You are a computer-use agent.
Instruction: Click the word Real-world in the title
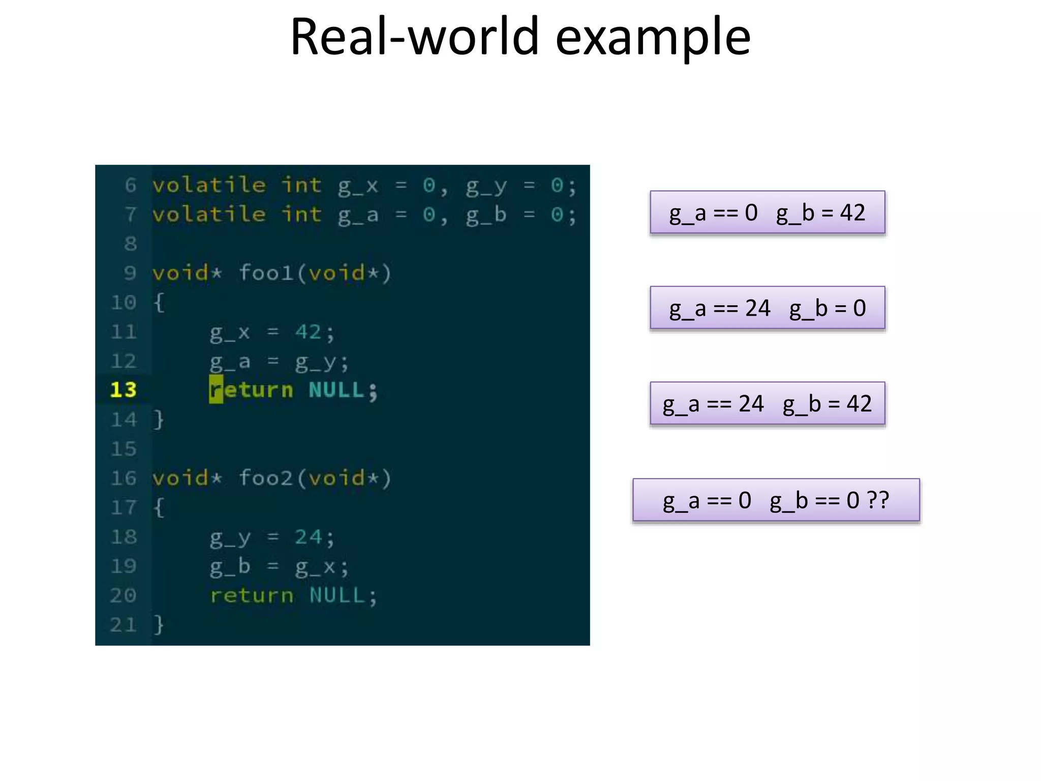click(x=414, y=37)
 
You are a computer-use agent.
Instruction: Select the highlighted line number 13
click(x=124, y=390)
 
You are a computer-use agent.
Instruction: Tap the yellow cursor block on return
click(x=216, y=390)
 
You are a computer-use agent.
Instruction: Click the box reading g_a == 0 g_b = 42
click(x=767, y=213)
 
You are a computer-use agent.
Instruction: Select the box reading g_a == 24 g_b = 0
click(x=767, y=308)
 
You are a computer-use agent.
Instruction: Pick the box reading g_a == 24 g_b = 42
click(x=767, y=404)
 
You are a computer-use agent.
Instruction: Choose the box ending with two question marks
click(x=776, y=500)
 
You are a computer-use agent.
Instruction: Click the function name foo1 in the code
click(x=265, y=273)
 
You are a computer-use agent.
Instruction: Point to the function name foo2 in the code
click(x=265, y=478)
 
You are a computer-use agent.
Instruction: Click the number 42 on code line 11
click(x=308, y=332)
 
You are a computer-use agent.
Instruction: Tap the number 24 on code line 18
click(x=308, y=537)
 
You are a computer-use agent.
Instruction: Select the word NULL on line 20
click(x=337, y=595)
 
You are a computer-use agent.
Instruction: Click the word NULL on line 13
click(x=336, y=390)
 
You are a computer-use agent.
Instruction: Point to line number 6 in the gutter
click(x=131, y=185)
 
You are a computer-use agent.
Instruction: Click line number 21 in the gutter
click(x=124, y=624)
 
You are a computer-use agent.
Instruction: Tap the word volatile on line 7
click(x=209, y=215)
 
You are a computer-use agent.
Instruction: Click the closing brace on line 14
click(x=159, y=419)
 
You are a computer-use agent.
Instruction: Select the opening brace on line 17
click(x=159, y=507)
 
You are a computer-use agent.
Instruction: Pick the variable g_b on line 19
click(x=230, y=566)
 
